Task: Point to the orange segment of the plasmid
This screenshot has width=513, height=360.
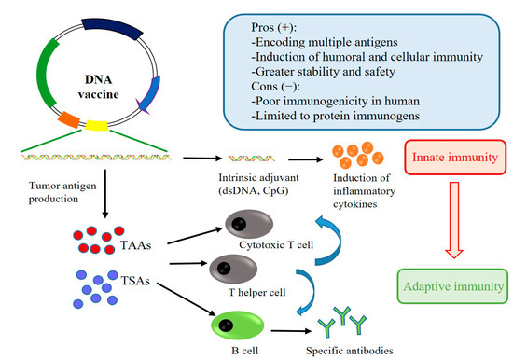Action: pyautogui.click(x=68, y=120)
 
